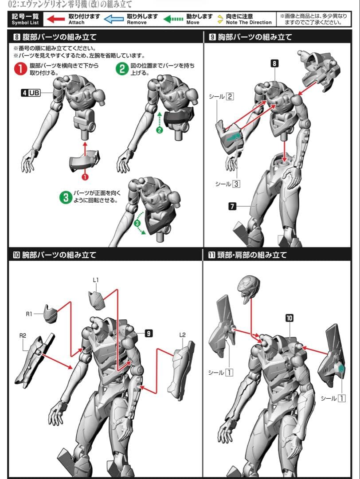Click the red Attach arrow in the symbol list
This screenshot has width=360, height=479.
point(56,19)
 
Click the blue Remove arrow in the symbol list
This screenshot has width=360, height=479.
point(113,19)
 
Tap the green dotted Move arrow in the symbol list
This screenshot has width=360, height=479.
point(173,19)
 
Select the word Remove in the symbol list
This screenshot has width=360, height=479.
point(137,23)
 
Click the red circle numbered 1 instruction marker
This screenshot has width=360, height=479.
point(20,69)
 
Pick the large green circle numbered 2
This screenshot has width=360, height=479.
point(122,69)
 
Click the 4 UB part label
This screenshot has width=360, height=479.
point(31,93)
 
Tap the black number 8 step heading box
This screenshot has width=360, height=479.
point(17,37)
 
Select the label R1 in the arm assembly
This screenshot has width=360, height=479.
point(29,314)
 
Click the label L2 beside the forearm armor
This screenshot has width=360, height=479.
point(182,335)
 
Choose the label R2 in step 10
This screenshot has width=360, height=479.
point(23,335)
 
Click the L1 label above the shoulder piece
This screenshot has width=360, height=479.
point(96,280)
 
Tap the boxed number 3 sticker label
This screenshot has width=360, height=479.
point(236,184)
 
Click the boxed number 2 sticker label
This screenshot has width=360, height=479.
point(230,97)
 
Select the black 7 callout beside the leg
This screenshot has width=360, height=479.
point(232,206)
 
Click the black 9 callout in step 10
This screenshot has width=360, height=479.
point(149,333)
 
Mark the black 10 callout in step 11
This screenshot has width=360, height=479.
point(289,318)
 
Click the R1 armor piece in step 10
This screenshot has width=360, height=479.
point(51,314)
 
